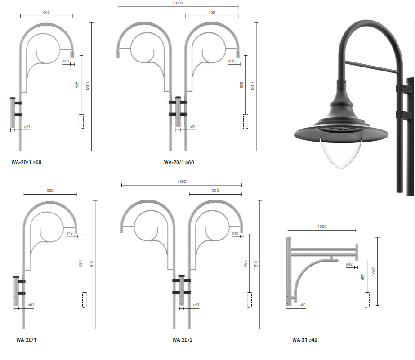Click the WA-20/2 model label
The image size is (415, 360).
[182, 340]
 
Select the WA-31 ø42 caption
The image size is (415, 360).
[305, 340]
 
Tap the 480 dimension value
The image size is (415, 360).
[363, 277]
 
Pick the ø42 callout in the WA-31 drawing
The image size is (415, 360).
[349, 264]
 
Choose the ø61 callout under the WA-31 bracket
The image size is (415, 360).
[303, 305]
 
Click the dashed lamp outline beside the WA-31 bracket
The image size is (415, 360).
[367, 300]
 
